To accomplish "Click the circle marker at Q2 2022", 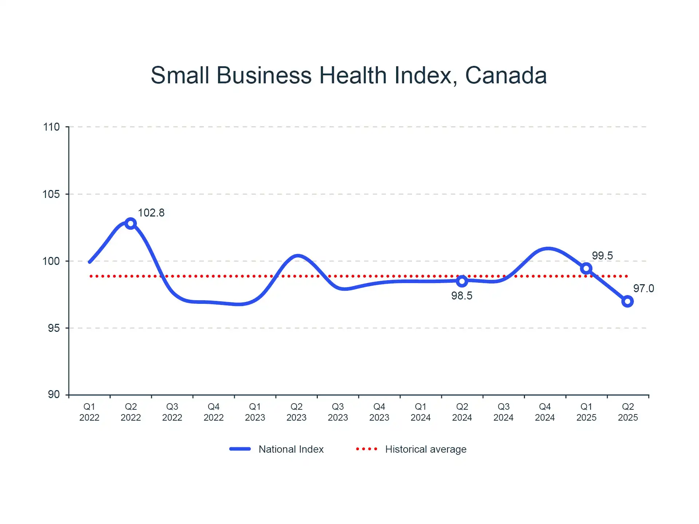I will point(131,223).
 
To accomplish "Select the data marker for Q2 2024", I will point(462,281).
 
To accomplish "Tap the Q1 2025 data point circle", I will point(586,269).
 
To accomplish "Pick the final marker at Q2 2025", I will point(627,301).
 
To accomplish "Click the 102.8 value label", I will point(151,213).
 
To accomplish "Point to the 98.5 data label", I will point(462,296).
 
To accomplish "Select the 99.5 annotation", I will point(602,256).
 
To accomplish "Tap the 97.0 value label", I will point(643,289).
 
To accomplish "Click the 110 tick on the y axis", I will point(51,127).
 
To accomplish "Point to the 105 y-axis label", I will point(51,194).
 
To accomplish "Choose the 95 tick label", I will point(54,328).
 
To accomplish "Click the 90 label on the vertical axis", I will point(54,394).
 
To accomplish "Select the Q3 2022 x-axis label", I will point(172,412).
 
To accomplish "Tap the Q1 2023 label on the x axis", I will point(255,412).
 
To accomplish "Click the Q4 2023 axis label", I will point(379,412).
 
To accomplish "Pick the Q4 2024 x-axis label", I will point(545,412).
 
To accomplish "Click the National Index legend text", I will point(291,449).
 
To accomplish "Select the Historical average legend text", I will point(426,449).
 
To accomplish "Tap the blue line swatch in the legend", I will point(240,449).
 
